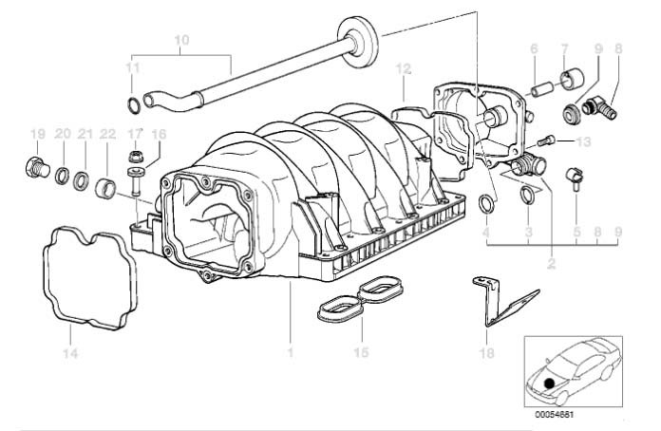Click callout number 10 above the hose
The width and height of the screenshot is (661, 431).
(x=183, y=40)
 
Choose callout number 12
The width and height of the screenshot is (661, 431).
(x=404, y=69)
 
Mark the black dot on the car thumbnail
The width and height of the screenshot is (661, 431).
(x=549, y=385)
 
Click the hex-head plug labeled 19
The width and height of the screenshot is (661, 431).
(x=34, y=170)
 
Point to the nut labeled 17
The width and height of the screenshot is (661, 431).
(x=136, y=156)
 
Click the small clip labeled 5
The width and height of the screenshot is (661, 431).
(x=574, y=176)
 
